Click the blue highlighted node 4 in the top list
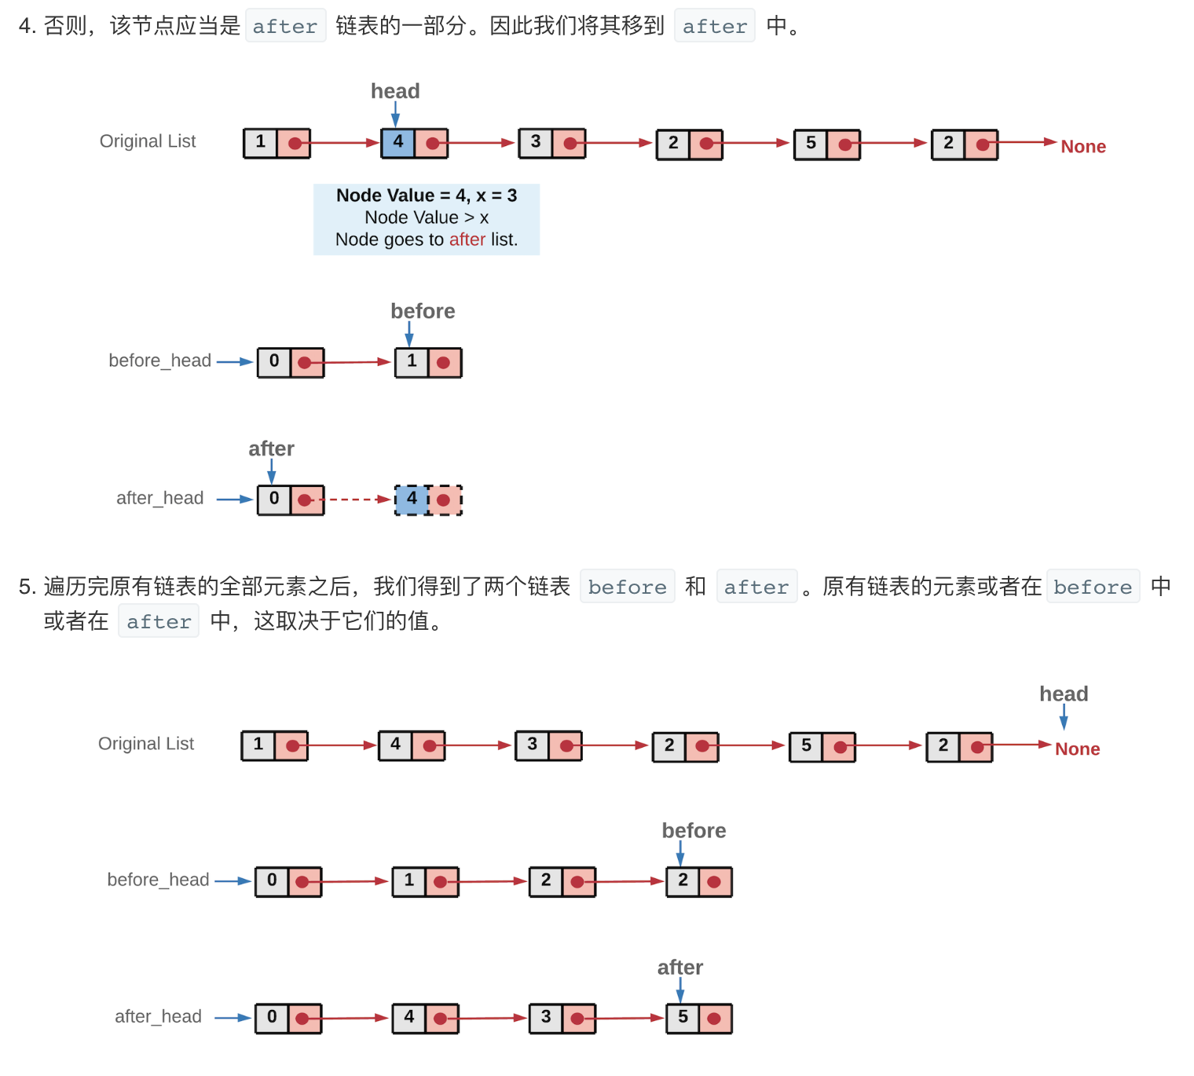pos(399,143)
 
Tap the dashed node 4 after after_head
pos(428,500)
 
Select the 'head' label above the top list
pos(395,91)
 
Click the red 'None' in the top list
pos(1082,147)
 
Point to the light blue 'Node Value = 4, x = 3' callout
pos(427,219)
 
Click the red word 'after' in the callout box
pos(467,240)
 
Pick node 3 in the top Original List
pos(551,143)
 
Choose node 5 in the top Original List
pos(826,145)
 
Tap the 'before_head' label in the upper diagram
pos(159,360)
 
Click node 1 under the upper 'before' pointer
pos(428,362)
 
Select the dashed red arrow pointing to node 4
pos(353,500)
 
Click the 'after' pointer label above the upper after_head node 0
pos(271,448)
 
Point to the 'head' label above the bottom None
pos(1064,694)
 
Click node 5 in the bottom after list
pos(698,1018)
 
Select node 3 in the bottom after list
pos(562,1018)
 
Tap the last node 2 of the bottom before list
pos(698,881)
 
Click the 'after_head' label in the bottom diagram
pos(158,1016)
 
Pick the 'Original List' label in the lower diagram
pos(146,744)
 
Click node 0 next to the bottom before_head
pos(288,881)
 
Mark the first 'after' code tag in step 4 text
pos(285,26)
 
